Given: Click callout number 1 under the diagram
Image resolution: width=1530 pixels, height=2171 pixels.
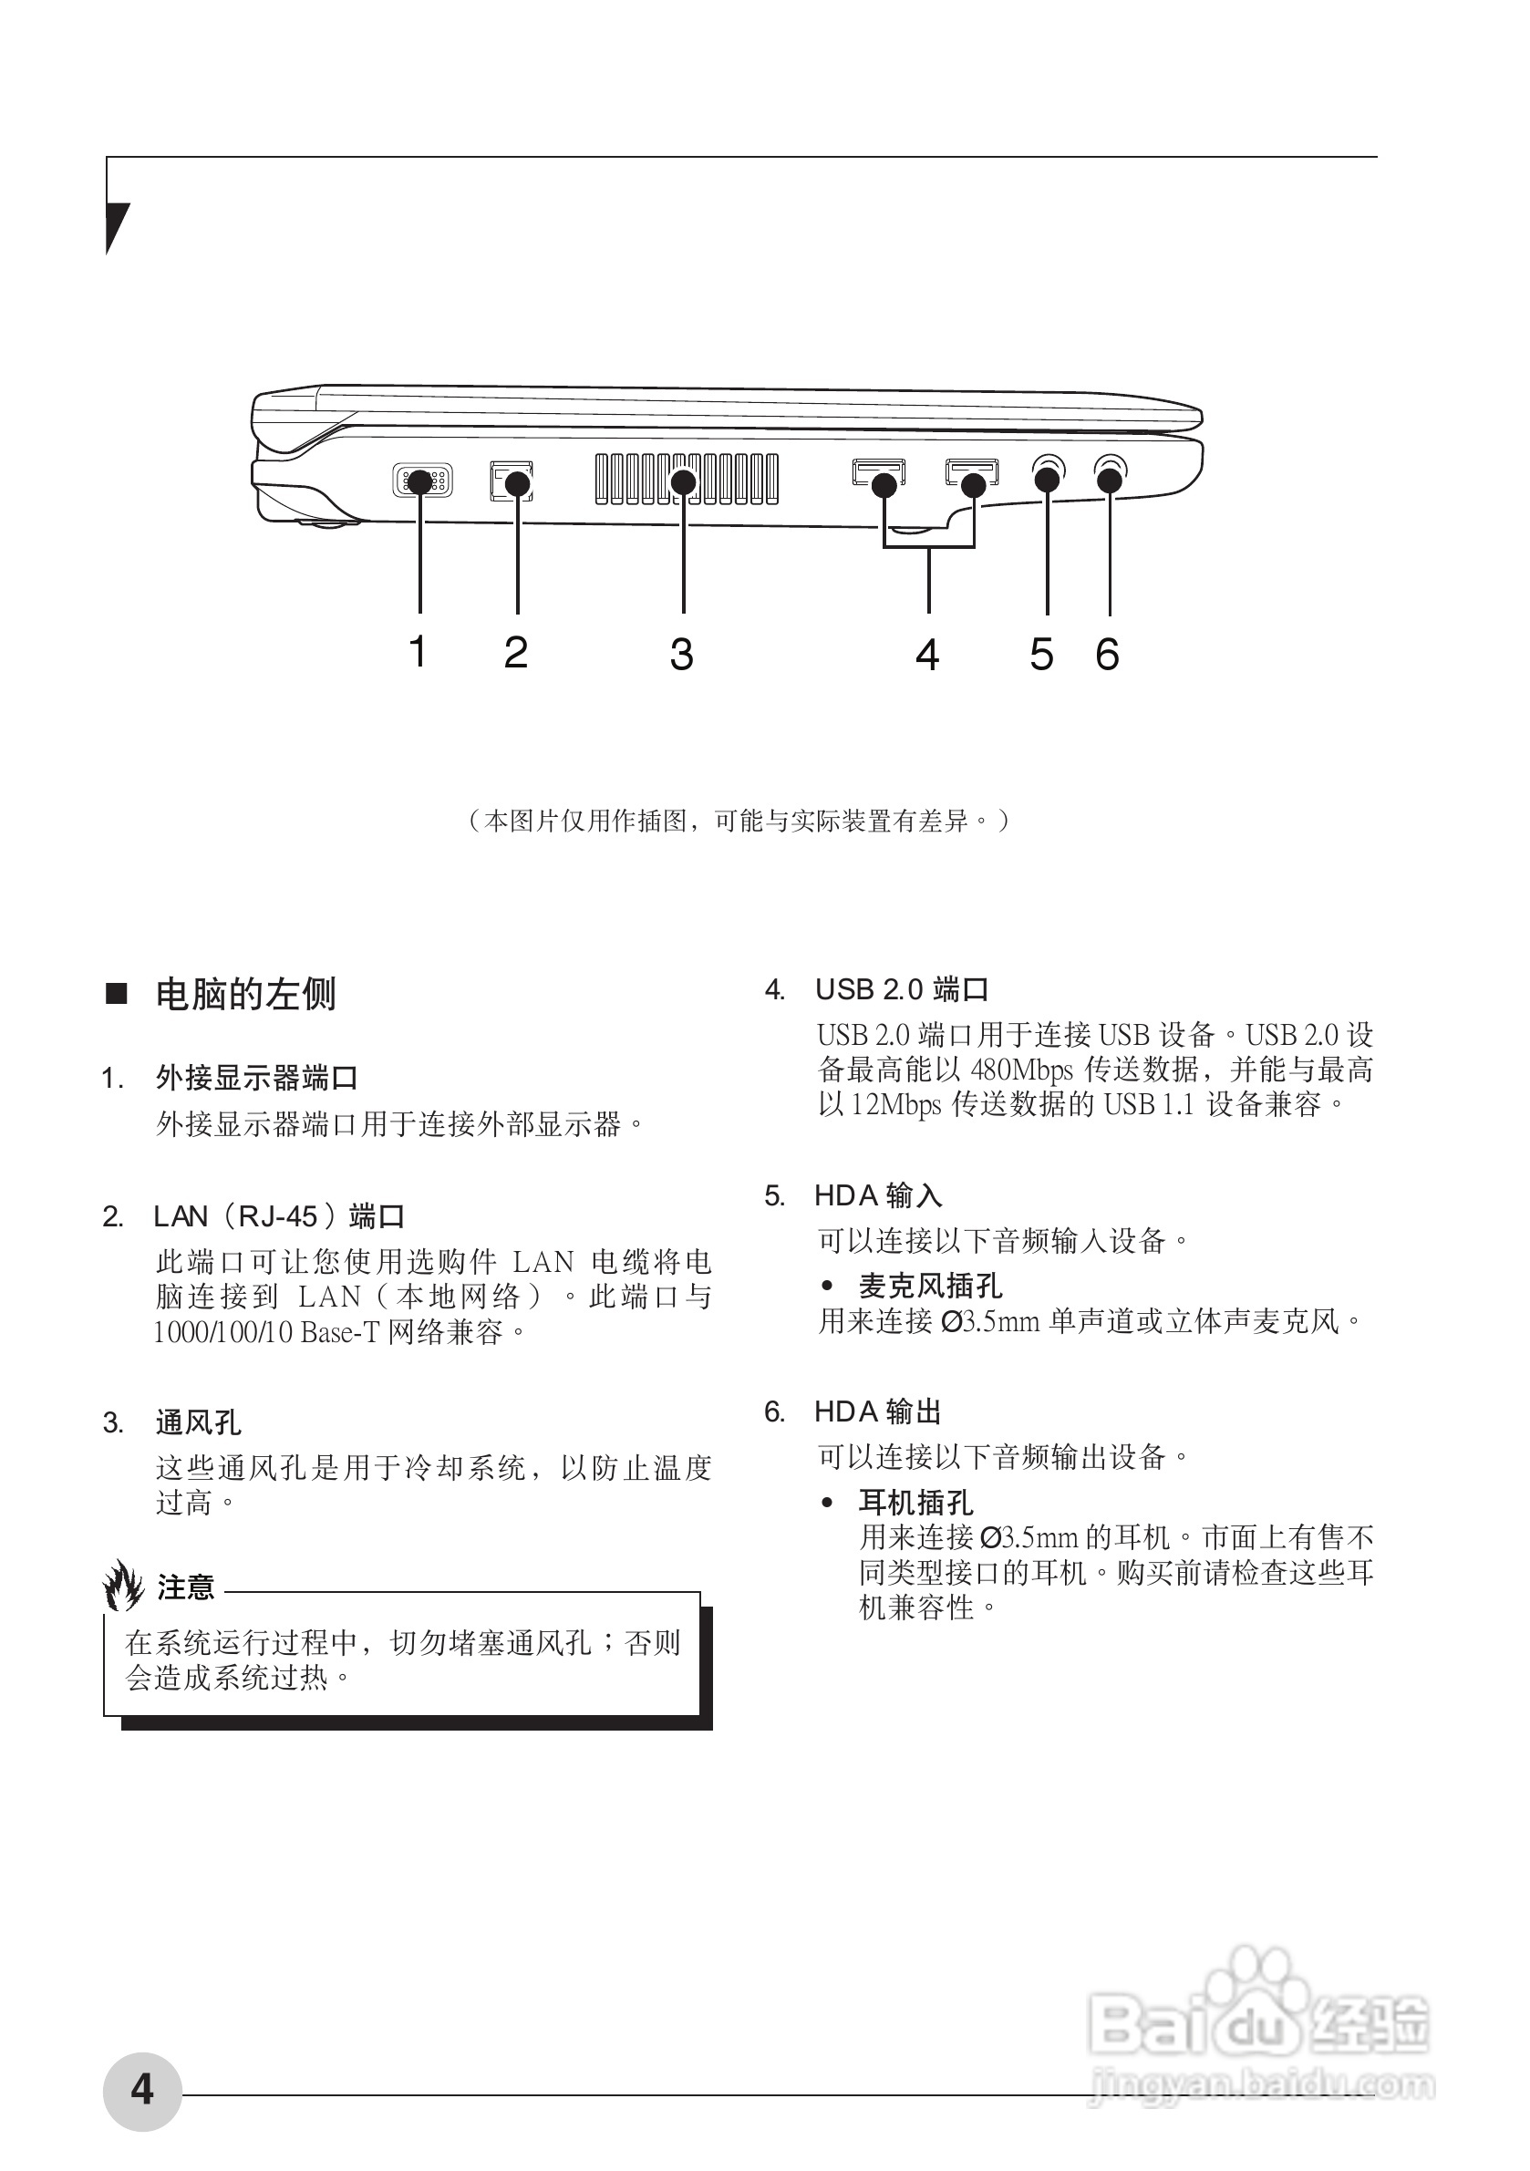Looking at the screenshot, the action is [418, 652].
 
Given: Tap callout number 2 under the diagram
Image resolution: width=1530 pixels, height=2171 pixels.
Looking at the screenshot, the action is [515, 653].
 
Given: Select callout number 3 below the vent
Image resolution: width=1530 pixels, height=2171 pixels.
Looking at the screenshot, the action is [682, 655].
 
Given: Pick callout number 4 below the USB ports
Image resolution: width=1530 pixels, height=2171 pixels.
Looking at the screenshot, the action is [927, 655].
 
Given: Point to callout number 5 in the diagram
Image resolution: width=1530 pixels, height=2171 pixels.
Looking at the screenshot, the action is [1041, 655].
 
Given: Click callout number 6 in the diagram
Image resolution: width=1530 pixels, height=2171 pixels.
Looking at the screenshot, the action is [1107, 655].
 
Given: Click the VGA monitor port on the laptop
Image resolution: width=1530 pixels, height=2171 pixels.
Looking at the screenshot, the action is [422, 481].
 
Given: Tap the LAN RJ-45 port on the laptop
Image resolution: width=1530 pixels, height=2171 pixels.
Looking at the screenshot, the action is [512, 481].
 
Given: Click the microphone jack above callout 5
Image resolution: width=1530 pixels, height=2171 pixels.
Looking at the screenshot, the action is [1047, 473].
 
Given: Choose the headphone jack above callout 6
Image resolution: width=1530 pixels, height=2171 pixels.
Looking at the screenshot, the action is [1111, 473].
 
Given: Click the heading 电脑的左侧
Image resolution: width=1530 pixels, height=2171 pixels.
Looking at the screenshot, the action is [246, 994].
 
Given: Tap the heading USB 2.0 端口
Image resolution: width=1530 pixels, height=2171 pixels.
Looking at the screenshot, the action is [901, 990].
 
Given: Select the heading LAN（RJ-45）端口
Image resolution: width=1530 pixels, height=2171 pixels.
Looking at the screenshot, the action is [279, 1216].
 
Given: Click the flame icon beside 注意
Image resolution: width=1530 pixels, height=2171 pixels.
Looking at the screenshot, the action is [123, 1586].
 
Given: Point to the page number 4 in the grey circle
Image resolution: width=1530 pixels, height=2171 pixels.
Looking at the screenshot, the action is [142, 2089].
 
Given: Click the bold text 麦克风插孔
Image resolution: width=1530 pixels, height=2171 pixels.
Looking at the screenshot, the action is [930, 1286].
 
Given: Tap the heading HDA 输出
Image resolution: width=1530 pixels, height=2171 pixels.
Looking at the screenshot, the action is [877, 1411].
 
